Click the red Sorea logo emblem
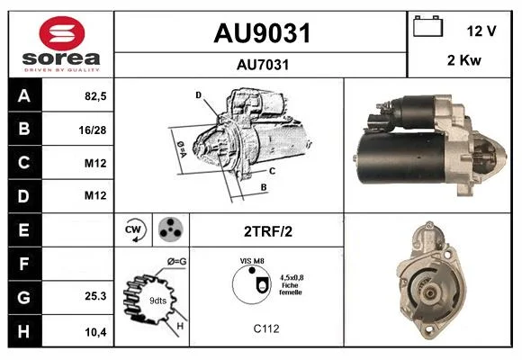(x=62, y=33)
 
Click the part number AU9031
(x=262, y=33)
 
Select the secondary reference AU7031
(x=263, y=65)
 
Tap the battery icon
(x=427, y=26)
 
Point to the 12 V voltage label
(x=481, y=31)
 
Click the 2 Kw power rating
(x=464, y=60)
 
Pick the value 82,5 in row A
(x=95, y=96)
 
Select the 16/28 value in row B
(x=93, y=130)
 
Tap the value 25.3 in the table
(x=95, y=296)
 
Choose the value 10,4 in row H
(x=95, y=332)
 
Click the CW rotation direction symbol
(x=133, y=230)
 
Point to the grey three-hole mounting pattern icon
(x=170, y=229)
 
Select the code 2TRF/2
(x=268, y=231)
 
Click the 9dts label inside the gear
(x=157, y=301)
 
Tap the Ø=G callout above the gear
(x=176, y=262)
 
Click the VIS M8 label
(x=252, y=261)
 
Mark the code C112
(x=266, y=328)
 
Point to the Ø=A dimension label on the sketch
(x=182, y=148)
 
